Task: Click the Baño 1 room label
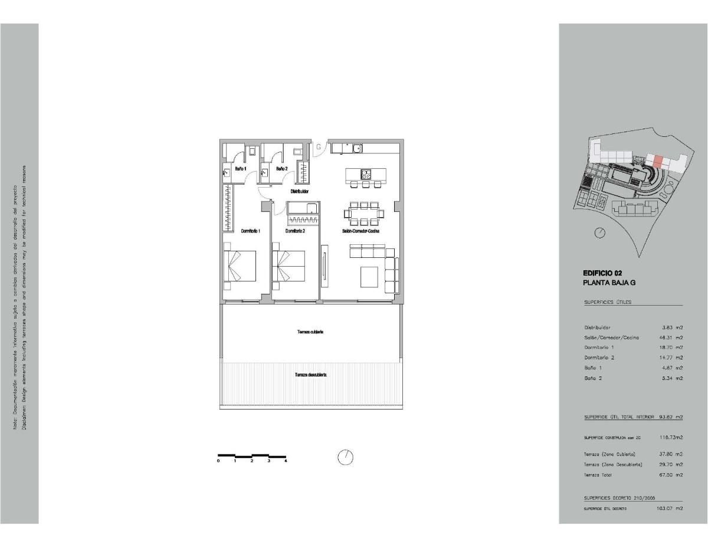click(240, 169)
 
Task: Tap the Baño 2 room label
click(281, 169)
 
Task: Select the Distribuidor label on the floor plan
click(300, 192)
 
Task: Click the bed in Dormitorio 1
click(240, 266)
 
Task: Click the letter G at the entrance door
click(317, 146)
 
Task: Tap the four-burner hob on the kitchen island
click(366, 174)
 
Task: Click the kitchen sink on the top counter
click(357, 148)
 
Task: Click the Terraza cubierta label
click(310, 332)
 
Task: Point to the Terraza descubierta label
click(311, 375)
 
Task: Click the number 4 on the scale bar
click(286, 461)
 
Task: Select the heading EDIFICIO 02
click(602, 273)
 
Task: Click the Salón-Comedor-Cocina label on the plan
click(360, 231)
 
